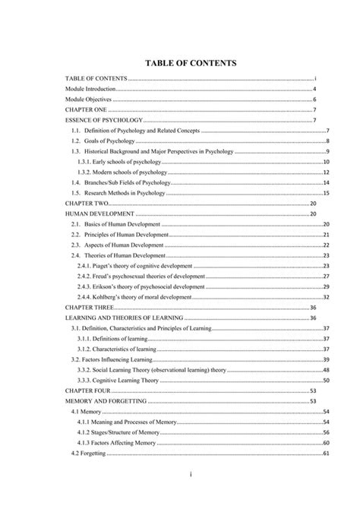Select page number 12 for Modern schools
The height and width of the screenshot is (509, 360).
click(x=325, y=173)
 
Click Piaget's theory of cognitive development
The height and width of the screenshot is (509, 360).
click(x=141, y=267)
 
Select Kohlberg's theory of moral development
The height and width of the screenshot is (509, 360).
click(x=141, y=298)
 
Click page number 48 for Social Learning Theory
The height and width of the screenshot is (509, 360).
click(x=325, y=370)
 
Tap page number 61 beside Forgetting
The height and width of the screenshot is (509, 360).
click(x=325, y=454)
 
